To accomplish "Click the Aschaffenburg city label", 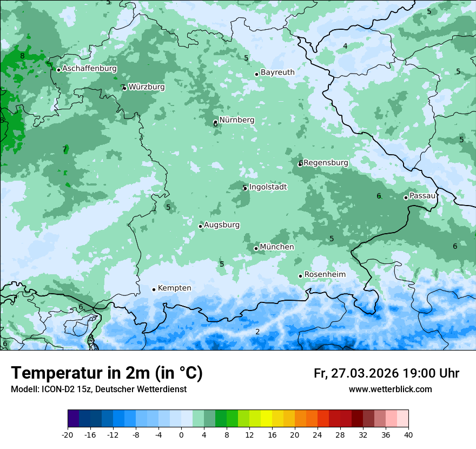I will (89, 69).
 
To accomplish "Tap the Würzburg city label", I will (146, 87).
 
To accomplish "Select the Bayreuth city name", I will (277, 72).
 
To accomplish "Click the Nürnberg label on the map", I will (236, 120).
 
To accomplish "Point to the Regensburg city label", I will (326, 163).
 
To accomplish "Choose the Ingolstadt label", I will (268, 187).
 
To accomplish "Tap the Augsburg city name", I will (222, 225).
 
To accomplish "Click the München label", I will (277, 247).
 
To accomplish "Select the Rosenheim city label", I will (325, 275).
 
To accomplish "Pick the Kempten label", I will (174, 288).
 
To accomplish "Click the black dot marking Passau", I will (406, 197).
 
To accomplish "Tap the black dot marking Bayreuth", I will (256, 74).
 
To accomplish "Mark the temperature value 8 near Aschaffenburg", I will (22, 56).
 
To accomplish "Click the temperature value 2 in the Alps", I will (257, 332).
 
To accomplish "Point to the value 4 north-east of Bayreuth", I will (345, 46).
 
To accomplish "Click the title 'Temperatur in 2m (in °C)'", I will (107, 373).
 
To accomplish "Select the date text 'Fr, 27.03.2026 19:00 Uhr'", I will (386, 373).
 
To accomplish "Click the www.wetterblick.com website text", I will (390, 389).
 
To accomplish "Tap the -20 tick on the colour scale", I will (68, 434).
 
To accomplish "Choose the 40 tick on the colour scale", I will (408, 434).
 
